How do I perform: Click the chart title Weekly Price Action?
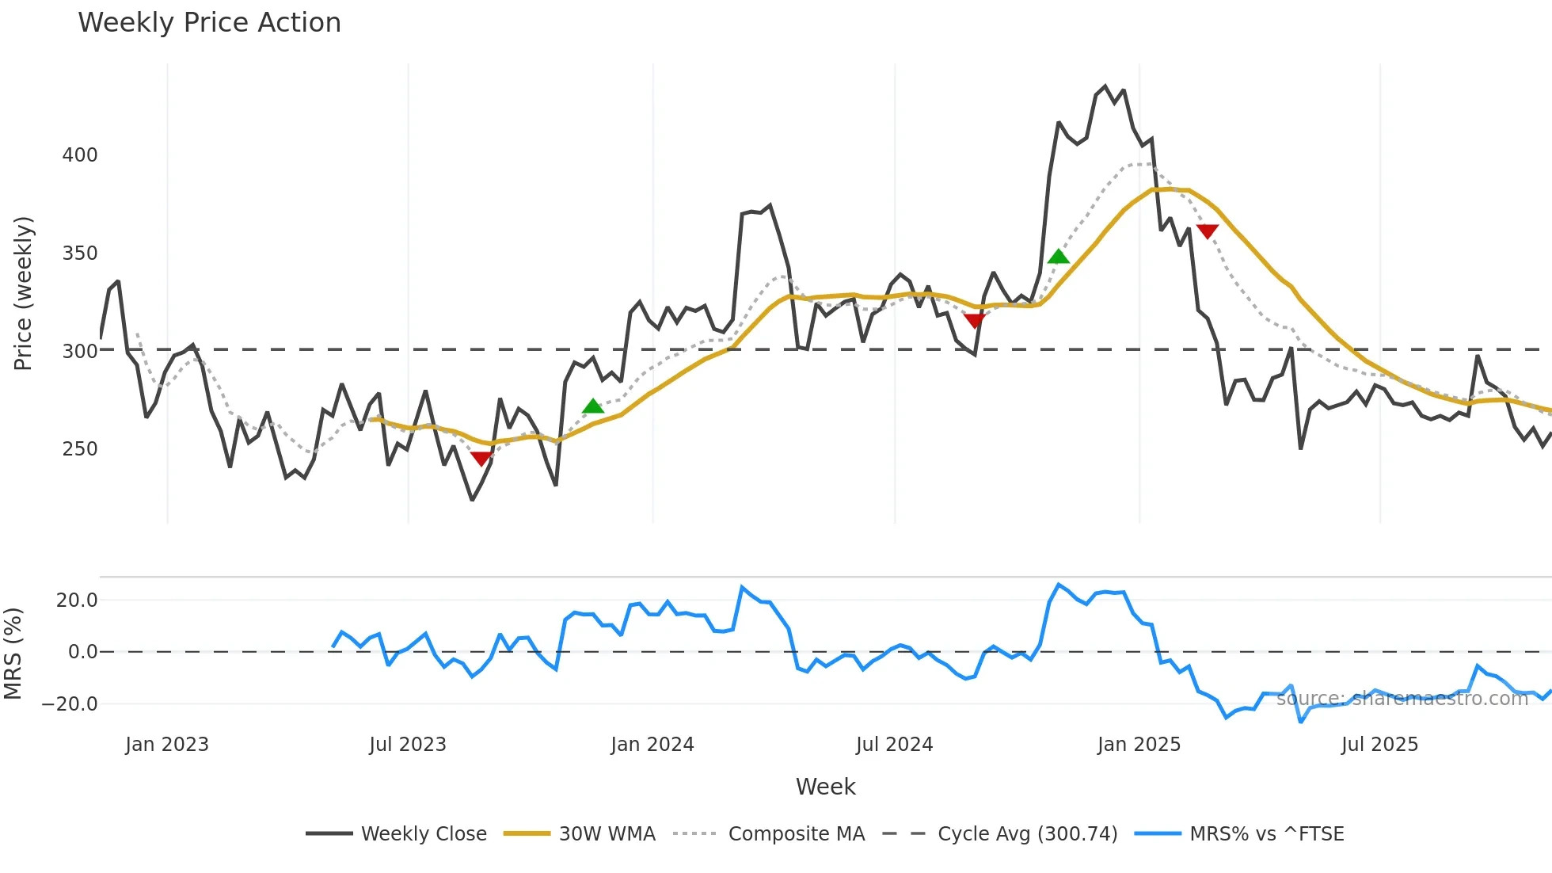pyautogui.click(x=209, y=23)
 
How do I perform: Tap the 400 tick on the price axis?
pyautogui.click(x=80, y=155)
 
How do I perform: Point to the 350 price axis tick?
pyautogui.click(x=80, y=254)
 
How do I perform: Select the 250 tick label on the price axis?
pyautogui.click(x=80, y=449)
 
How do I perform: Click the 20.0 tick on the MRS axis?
pyautogui.click(x=77, y=600)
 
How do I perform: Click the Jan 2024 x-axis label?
pyautogui.click(x=652, y=745)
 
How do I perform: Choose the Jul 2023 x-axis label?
pyautogui.click(x=408, y=745)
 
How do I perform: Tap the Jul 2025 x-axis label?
pyautogui.click(x=1379, y=745)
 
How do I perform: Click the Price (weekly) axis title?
pyautogui.click(x=24, y=293)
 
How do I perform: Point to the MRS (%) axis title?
pyautogui.click(x=13, y=654)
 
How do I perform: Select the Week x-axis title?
pyautogui.click(x=825, y=787)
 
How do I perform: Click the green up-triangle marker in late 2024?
pyautogui.click(x=1058, y=257)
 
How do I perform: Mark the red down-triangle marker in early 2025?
pyautogui.click(x=1207, y=231)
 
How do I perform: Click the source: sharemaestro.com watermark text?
pyautogui.click(x=1402, y=699)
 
